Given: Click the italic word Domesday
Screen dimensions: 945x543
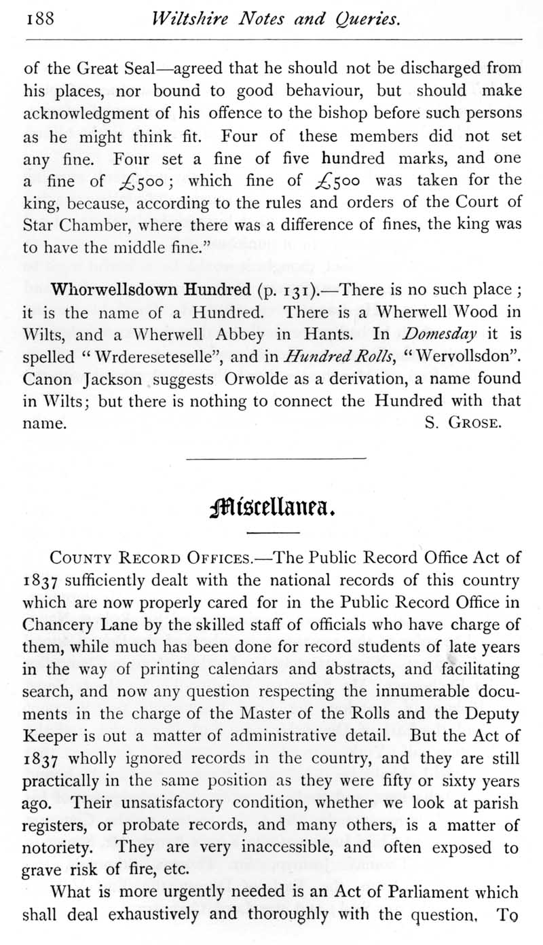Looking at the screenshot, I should pyautogui.click(x=438, y=335).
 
